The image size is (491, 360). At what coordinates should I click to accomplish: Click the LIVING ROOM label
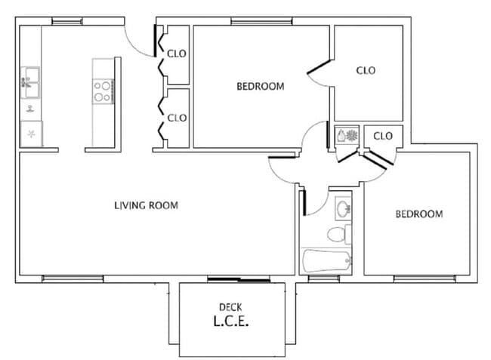(146, 205)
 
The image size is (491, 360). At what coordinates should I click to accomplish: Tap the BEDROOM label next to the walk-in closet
(261, 86)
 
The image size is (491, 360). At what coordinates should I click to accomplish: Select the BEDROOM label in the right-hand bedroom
(419, 214)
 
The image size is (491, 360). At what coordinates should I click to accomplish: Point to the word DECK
(230, 306)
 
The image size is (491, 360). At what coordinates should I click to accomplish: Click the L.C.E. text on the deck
(230, 321)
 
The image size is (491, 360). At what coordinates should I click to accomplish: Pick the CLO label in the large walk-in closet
(366, 70)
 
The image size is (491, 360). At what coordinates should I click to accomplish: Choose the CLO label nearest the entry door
(177, 54)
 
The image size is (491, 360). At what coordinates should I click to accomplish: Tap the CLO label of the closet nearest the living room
(177, 118)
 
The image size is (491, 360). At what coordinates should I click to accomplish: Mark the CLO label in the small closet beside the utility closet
(383, 136)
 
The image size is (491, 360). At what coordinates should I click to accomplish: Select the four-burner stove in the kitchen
(103, 91)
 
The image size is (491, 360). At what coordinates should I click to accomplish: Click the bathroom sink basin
(343, 208)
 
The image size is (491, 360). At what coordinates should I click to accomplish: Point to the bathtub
(326, 262)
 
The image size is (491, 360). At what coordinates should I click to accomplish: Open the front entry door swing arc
(140, 42)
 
